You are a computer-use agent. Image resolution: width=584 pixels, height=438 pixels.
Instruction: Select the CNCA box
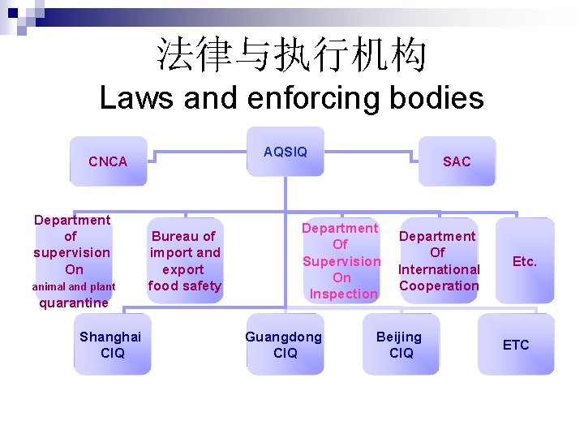coord(108,161)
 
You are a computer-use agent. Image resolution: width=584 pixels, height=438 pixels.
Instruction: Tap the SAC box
coord(457,161)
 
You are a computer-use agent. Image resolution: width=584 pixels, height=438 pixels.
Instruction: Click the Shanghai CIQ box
coord(111,344)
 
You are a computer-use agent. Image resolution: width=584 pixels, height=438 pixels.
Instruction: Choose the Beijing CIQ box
coord(401,344)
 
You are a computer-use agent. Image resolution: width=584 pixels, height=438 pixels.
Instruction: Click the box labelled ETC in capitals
coord(516,345)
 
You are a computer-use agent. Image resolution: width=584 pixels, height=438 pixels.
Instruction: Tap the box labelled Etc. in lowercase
coord(525,261)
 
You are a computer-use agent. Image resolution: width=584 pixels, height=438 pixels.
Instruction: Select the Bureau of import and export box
coord(185,260)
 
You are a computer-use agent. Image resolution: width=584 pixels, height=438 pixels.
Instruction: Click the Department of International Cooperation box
coord(439,260)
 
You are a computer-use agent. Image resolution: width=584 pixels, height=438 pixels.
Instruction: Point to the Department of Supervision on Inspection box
coord(341,260)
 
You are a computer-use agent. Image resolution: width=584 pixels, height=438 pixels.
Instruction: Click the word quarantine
coord(74,303)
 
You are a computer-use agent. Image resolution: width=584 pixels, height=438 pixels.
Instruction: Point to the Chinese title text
coord(291,56)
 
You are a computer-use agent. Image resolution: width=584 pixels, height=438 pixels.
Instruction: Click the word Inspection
coord(344,294)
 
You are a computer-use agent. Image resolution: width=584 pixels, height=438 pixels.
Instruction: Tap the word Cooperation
coord(439,286)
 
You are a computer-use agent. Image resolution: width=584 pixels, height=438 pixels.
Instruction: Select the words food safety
coord(185,286)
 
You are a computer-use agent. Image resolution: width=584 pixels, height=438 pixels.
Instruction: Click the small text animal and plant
coord(74,286)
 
